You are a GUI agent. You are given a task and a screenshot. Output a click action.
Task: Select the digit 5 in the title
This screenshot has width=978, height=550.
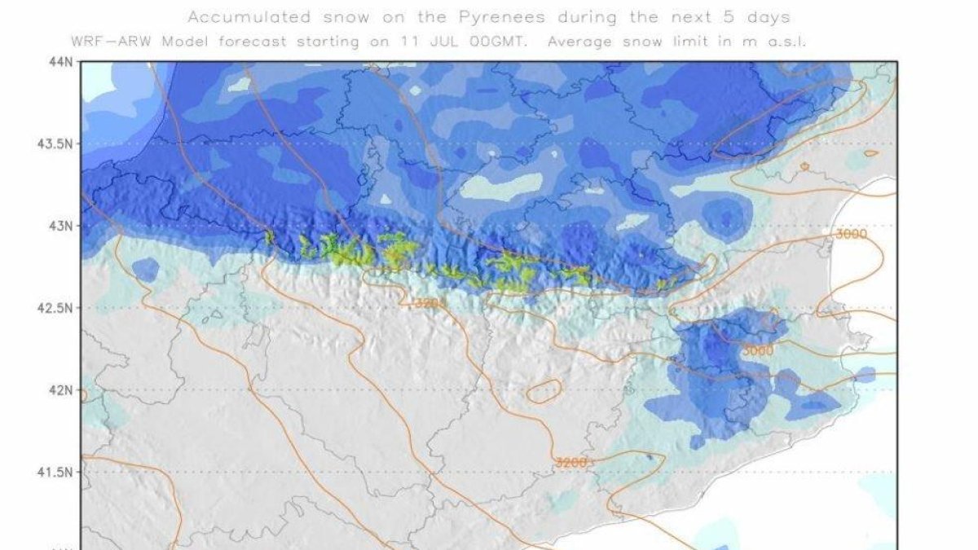(727, 16)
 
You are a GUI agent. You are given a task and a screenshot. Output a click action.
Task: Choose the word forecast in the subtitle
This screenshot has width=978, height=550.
(241, 41)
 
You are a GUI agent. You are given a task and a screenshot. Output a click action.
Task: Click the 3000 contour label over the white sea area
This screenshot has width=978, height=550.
(852, 235)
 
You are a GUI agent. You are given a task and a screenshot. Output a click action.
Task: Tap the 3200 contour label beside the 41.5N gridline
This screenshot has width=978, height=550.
(571, 462)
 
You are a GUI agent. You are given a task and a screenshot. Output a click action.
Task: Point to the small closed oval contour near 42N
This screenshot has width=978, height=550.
(544, 391)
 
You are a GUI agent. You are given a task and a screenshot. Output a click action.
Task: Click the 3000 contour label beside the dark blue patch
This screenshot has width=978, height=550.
(758, 350)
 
